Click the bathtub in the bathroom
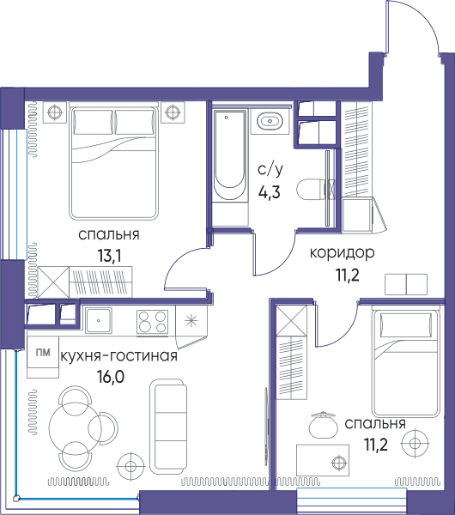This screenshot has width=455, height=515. tap(229, 155)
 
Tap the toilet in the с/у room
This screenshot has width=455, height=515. tap(311, 190)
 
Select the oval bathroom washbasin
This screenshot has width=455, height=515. tap(270, 121)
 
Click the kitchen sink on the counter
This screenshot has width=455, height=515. tap(99, 320)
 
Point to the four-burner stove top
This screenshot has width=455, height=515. tap(152, 322)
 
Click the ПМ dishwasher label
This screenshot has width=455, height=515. tap(43, 353)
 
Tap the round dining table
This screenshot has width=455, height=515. tap(74, 427)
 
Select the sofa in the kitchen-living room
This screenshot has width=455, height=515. tap(168, 427)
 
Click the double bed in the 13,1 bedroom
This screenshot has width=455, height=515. tap(113, 162)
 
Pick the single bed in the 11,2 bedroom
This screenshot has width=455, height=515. tap(406, 362)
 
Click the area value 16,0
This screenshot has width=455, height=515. tap(111, 377)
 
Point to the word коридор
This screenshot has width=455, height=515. tap(342, 253)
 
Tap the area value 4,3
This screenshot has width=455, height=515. tap(269, 192)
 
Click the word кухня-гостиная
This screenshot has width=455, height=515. tap(119, 355)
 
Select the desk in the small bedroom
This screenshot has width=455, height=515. tap(323, 460)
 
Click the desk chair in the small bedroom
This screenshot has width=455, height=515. tap(324, 425)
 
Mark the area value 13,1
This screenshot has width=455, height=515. tap(109, 255)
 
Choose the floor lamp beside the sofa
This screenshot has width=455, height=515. tap(130, 466)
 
